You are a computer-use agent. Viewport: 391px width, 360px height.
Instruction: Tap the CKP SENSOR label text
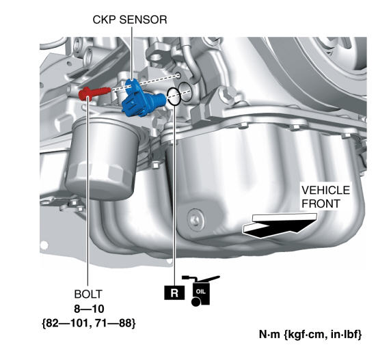click(130, 20)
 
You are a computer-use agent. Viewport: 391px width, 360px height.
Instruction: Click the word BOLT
click(88, 294)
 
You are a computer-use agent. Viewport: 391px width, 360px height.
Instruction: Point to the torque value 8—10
click(89, 309)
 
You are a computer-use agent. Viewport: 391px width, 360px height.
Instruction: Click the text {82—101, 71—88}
click(89, 323)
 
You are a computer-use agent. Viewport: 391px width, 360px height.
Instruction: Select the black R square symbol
click(174, 292)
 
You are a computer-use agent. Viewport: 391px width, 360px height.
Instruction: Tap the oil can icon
click(201, 290)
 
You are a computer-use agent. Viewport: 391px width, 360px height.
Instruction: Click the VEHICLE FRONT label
click(325, 197)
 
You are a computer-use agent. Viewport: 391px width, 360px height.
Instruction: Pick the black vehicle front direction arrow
click(280, 225)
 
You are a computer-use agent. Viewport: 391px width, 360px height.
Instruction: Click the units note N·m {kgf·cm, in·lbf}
click(310, 334)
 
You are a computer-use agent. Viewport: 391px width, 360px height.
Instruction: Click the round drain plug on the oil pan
click(195, 219)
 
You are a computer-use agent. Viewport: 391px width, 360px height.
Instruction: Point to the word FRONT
click(321, 204)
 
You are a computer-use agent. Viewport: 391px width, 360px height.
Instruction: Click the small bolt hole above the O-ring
click(178, 74)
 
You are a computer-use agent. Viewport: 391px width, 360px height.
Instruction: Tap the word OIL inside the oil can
click(201, 291)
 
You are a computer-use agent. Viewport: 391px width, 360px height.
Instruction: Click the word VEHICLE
click(325, 190)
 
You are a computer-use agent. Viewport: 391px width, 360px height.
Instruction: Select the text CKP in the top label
click(105, 20)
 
